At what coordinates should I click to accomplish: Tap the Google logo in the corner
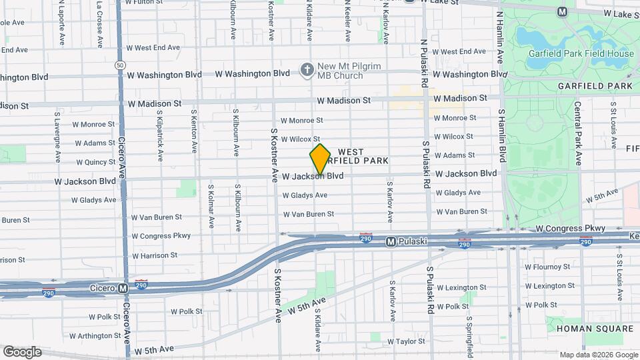tap(22, 352)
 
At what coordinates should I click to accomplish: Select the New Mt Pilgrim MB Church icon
tap(307, 69)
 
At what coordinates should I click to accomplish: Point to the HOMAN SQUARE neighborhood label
tap(594, 329)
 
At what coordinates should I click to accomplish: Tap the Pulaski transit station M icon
tap(391, 241)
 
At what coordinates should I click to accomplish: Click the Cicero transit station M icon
tap(123, 288)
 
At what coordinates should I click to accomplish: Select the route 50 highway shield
tap(119, 65)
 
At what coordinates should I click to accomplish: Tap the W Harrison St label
tap(154, 255)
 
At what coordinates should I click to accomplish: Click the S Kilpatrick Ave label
tap(161, 135)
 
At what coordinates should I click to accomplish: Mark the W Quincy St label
tap(95, 161)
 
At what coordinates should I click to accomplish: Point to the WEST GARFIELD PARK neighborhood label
tap(362, 157)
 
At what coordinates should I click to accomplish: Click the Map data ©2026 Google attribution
tap(598, 355)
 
